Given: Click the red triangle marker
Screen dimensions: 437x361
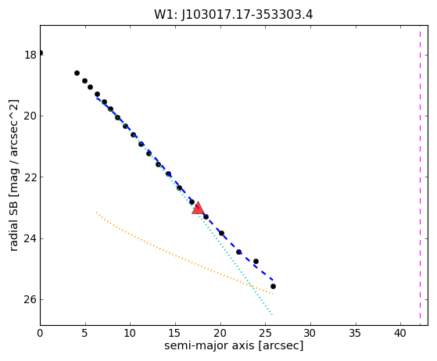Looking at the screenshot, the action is (x=198, y=209).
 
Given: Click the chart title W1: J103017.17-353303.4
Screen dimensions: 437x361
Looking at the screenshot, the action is (x=234, y=15).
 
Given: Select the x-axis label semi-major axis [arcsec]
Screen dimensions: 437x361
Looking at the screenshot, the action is (x=234, y=345).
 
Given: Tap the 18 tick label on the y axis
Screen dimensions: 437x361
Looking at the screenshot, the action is (x=30, y=55).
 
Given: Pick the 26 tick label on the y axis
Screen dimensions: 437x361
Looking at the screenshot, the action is (x=30, y=299).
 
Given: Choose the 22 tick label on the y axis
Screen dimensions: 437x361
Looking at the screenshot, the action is (x=30, y=177).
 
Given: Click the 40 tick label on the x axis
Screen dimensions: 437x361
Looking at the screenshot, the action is (x=400, y=333).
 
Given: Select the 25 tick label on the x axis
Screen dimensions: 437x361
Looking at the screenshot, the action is (x=265, y=333).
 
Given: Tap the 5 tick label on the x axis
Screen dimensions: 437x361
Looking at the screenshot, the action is (x=85, y=333).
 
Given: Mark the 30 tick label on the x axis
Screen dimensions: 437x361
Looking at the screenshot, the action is (x=310, y=333).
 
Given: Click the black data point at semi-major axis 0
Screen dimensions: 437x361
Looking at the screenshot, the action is (x=41, y=52).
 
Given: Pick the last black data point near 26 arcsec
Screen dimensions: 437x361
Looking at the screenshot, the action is (x=273, y=286).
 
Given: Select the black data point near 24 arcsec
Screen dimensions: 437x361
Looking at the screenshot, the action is (x=256, y=261).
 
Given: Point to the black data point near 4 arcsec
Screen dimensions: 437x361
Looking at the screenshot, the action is (x=77, y=73).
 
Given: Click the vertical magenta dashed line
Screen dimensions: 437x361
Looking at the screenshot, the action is (x=420, y=175).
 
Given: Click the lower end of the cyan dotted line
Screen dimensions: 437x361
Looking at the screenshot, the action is (x=272, y=315).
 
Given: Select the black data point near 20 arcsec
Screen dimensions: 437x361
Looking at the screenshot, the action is (x=221, y=233).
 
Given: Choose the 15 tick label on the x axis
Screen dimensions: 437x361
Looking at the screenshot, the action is (x=175, y=333).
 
